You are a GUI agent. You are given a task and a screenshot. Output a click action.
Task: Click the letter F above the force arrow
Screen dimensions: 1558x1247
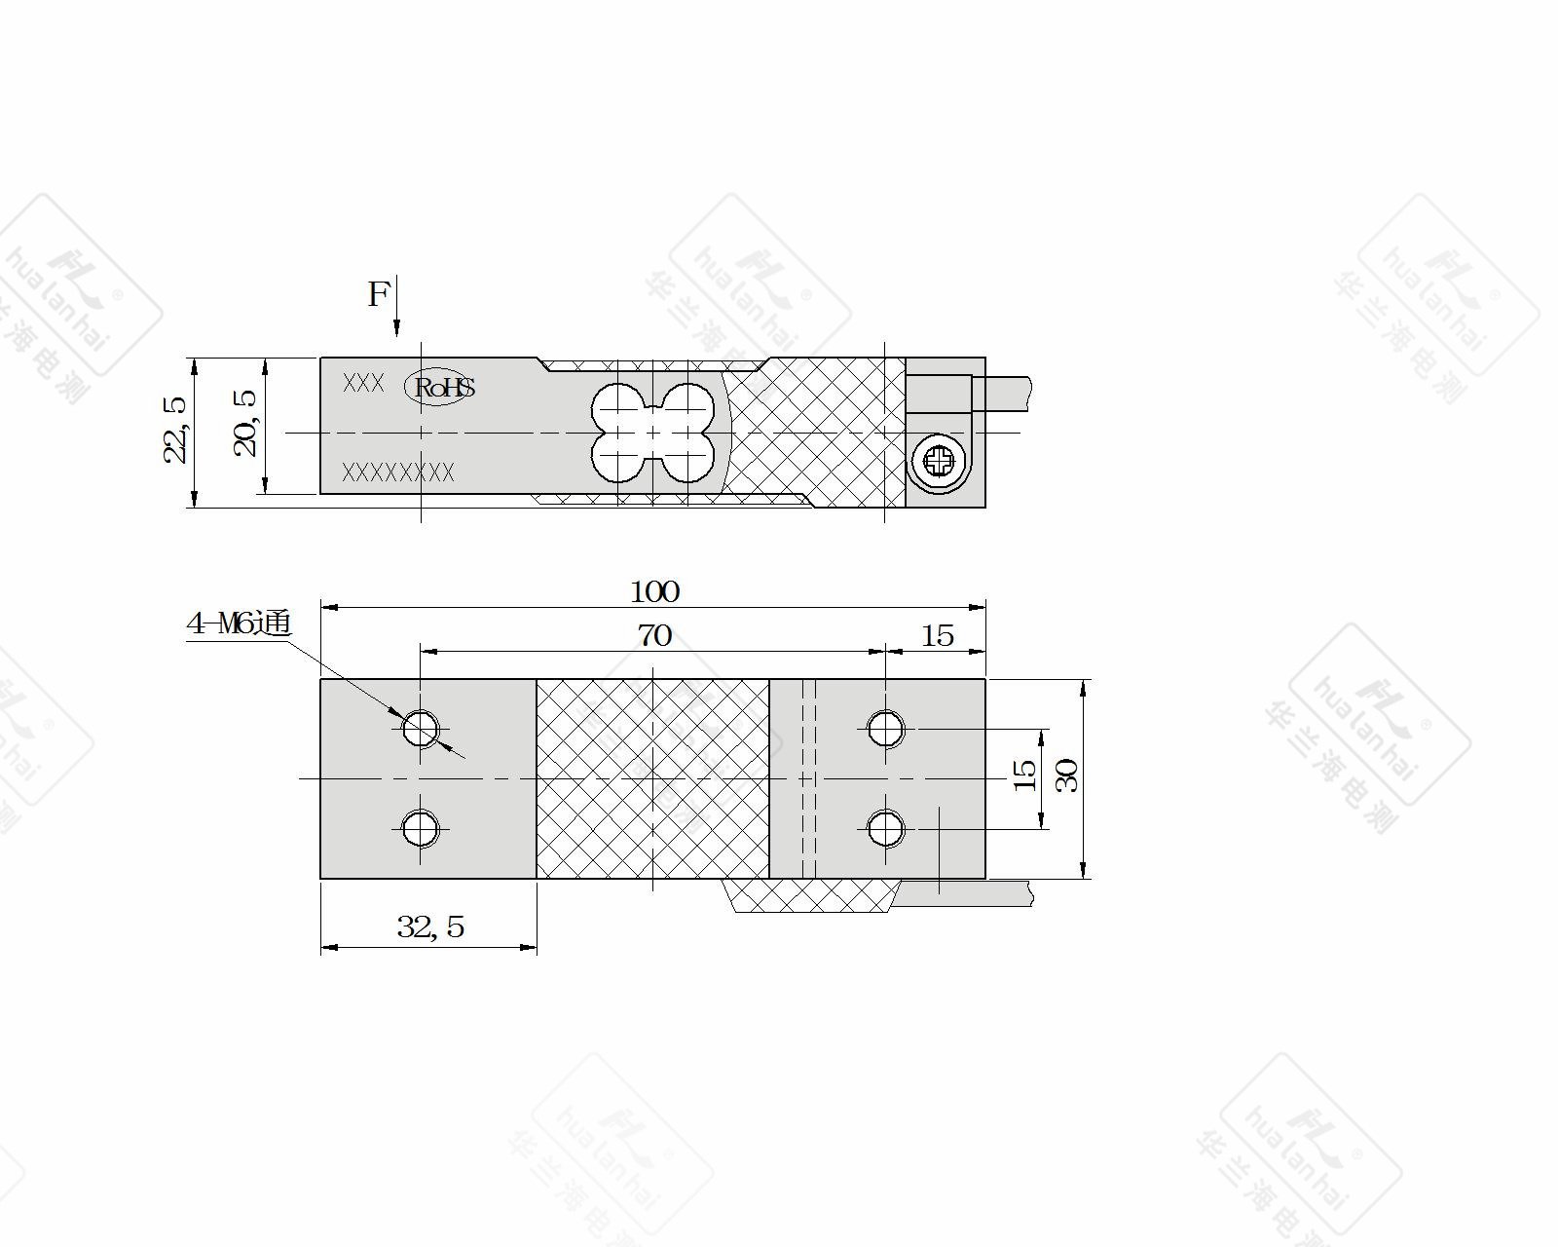(x=378, y=294)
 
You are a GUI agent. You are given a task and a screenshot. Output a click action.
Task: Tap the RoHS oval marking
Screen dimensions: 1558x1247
(x=440, y=387)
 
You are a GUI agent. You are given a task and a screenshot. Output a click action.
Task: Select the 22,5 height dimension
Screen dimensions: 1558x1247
(x=174, y=430)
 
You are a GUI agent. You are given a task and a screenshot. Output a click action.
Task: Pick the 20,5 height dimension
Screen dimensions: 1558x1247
(x=245, y=424)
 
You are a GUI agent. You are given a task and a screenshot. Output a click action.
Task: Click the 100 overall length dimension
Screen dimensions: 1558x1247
(x=654, y=592)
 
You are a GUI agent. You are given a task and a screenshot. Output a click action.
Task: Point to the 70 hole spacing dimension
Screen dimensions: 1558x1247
(x=654, y=636)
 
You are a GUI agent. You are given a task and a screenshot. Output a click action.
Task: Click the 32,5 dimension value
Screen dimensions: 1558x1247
(x=430, y=926)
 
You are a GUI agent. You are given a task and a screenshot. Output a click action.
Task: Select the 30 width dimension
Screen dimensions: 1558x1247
(x=1067, y=775)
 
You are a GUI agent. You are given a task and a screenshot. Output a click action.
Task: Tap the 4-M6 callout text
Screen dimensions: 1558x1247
(x=239, y=623)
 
